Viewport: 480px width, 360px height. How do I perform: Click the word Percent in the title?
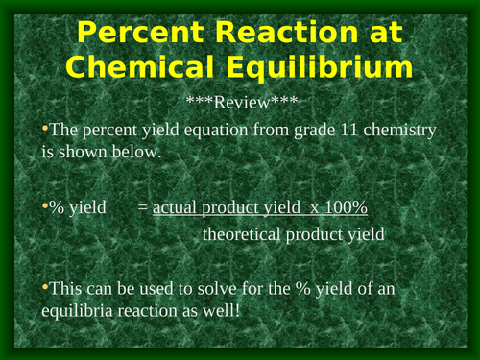click(137, 35)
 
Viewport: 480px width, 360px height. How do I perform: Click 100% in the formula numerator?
click(340, 208)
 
